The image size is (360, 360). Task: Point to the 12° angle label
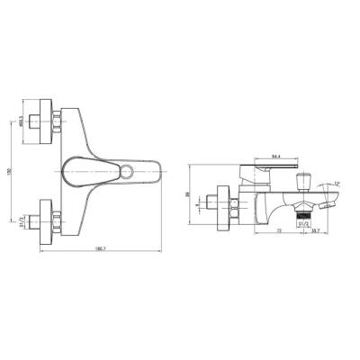(x=337, y=184)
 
